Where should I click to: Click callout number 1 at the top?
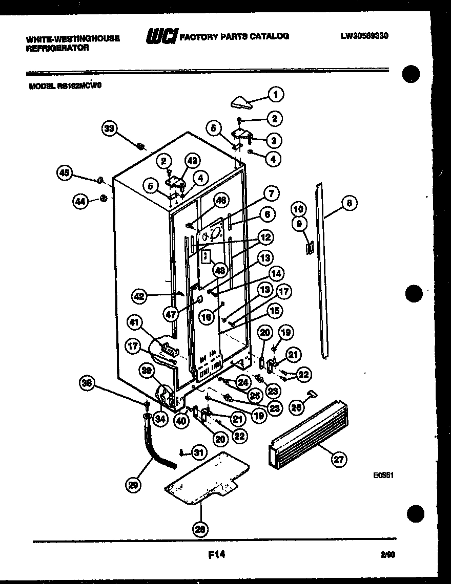tap(276, 94)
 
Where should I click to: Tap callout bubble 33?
tap(108, 129)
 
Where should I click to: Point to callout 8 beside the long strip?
tap(348, 203)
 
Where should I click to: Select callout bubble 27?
tap(339, 459)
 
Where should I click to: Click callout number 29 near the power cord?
tap(134, 485)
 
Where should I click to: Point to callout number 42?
tap(139, 296)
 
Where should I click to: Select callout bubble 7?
tap(271, 193)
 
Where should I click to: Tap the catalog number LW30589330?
tap(364, 36)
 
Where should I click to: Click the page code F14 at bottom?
tap(217, 554)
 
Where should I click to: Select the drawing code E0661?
tap(383, 475)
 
